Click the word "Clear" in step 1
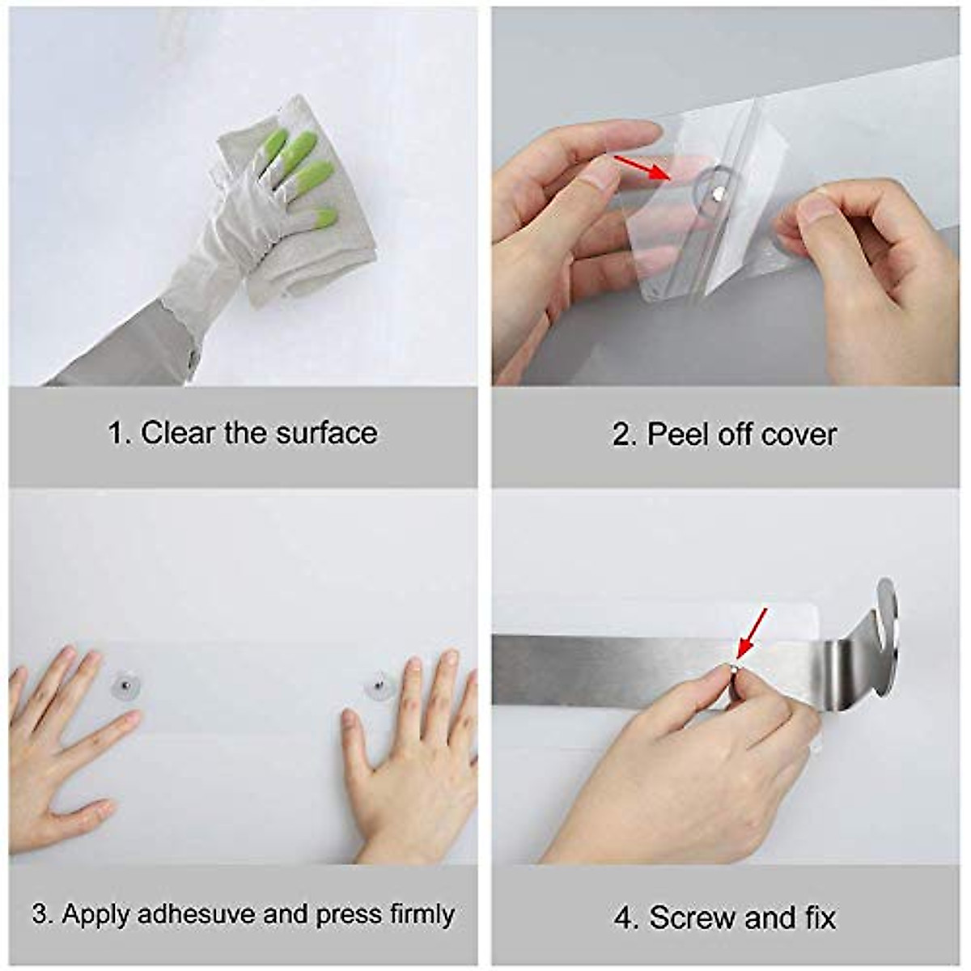click(x=178, y=433)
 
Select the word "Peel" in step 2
click(x=670, y=435)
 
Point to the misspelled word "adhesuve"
click(x=197, y=914)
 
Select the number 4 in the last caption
click(x=622, y=918)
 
